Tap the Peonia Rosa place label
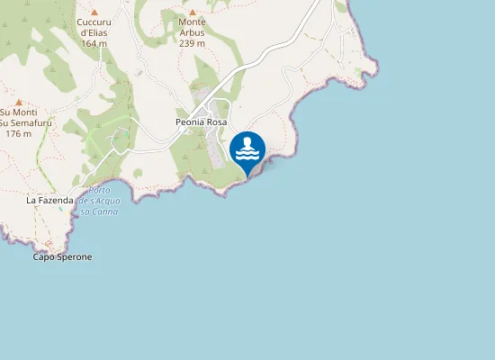(201, 121)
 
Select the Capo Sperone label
(62, 256)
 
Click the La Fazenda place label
(49, 200)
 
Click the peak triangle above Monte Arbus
(192, 13)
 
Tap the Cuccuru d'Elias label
(94, 27)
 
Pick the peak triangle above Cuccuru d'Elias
(94, 12)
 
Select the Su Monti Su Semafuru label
(18, 118)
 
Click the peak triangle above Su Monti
(18, 103)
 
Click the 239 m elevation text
(192, 42)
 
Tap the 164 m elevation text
(94, 43)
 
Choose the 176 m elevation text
(18, 133)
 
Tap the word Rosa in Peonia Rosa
(216, 121)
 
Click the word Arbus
(192, 32)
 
